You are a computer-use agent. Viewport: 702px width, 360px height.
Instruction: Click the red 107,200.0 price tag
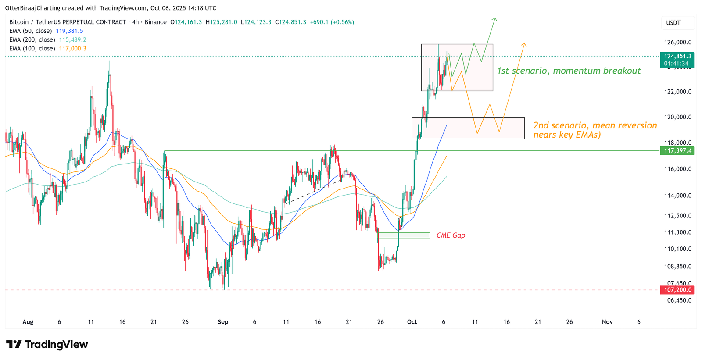tap(677, 290)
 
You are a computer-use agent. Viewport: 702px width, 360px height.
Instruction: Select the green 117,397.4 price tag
tap(677, 151)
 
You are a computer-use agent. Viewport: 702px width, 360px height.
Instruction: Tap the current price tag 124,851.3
tap(677, 57)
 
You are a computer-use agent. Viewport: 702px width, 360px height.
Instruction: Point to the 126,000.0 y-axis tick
tap(677, 43)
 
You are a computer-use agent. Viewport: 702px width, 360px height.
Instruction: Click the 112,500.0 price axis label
tap(677, 216)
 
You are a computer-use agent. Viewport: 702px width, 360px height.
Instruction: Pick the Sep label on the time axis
tap(223, 322)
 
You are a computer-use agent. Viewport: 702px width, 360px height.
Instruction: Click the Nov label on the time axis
tap(607, 322)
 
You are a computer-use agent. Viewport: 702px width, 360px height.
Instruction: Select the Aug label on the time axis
tap(28, 322)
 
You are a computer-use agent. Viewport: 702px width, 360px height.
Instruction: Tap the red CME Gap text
tap(451, 235)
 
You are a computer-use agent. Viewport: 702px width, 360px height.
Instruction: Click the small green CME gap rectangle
tap(404, 235)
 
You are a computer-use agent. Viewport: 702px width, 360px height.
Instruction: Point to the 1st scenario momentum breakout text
tap(569, 71)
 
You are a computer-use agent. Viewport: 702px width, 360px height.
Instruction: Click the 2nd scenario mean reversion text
tap(595, 130)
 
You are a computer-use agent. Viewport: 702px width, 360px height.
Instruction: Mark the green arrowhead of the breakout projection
tap(495, 19)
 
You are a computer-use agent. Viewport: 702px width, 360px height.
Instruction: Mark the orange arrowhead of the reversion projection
tap(524, 45)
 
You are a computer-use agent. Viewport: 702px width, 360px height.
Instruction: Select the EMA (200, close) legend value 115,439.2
tap(72, 40)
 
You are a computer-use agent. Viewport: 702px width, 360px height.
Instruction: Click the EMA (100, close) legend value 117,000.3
tap(72, 49)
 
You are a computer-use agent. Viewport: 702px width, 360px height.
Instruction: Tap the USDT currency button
tap(673, 23)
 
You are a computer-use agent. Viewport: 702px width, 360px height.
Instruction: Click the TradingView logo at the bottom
tap(47, 345)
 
